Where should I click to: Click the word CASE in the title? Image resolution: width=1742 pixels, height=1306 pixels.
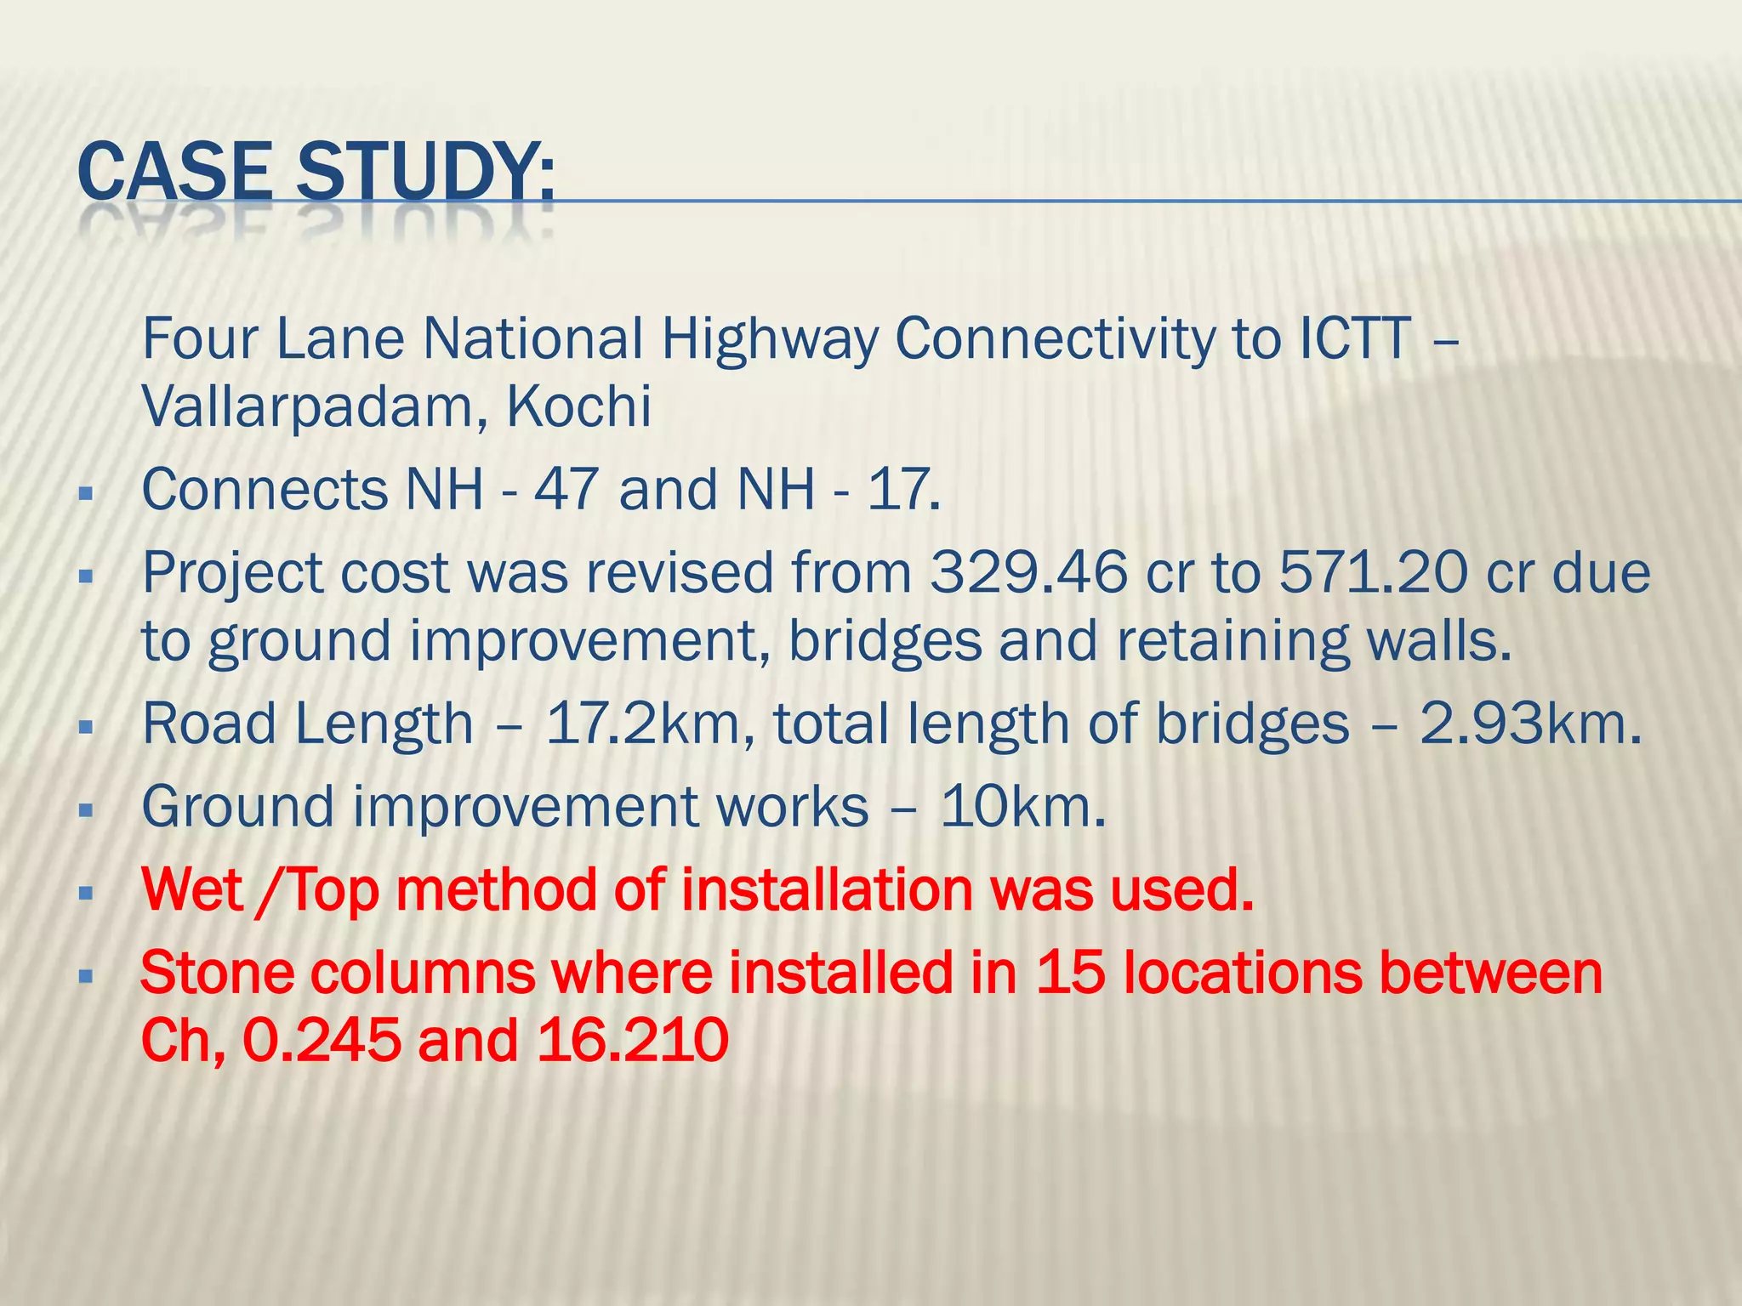174,173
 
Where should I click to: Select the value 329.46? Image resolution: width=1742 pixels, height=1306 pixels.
1028,572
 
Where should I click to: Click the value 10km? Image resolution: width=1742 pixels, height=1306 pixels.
1022,807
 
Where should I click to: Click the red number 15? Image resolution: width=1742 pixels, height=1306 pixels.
1070,973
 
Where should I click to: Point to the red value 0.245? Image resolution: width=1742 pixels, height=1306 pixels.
322,1040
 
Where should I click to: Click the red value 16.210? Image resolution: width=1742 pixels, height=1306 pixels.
633,1040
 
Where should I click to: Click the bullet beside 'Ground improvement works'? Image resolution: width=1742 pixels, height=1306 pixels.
84,811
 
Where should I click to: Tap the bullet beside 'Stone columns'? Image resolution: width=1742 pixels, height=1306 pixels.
84,977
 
